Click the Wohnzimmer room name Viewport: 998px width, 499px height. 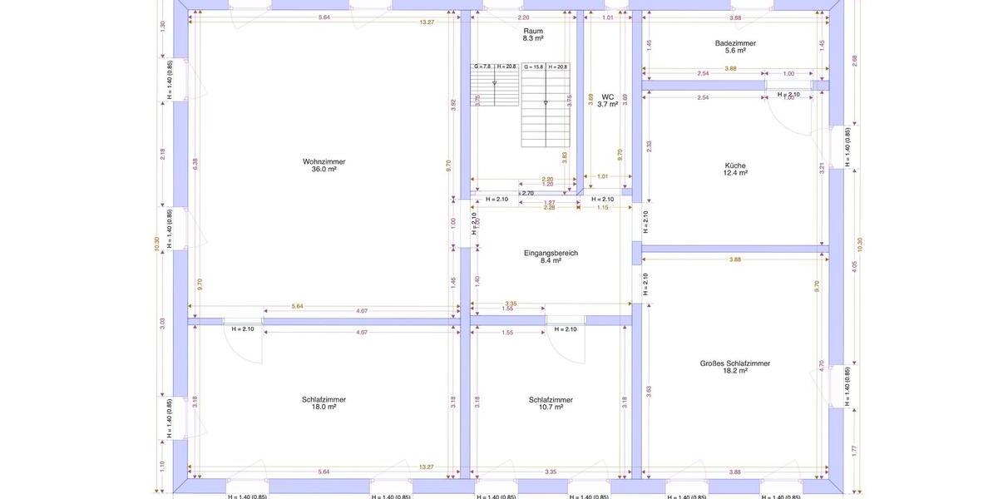(x=324, y=161)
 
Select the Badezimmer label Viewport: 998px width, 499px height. (x=735, y=42)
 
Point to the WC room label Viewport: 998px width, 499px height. (x=608, y=96)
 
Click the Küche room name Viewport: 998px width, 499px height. (x=735, y=165)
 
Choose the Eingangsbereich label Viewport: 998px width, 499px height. (x=551, y=253)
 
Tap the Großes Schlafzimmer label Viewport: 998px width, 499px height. (x=735, y=363)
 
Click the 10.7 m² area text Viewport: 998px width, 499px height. (x=551, y=408)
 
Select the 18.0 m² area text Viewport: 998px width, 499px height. (x=324, y=408)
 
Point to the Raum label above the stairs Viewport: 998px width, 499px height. (x=533, y=31)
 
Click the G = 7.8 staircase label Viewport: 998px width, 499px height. (x=482, y=67)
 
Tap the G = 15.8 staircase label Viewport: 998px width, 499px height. (x=533, y=67)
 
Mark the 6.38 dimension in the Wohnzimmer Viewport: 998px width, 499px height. (x=195, y=164)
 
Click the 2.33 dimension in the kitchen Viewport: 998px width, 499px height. (x=649, y=145)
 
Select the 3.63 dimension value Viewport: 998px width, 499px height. (x=649, y=390)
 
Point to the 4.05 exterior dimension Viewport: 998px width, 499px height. (x=854, y=266)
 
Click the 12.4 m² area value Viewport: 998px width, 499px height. (x=735, y=173)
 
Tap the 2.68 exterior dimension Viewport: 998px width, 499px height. (x=854, y=59)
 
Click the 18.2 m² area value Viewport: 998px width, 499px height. (x=735, y=372)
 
